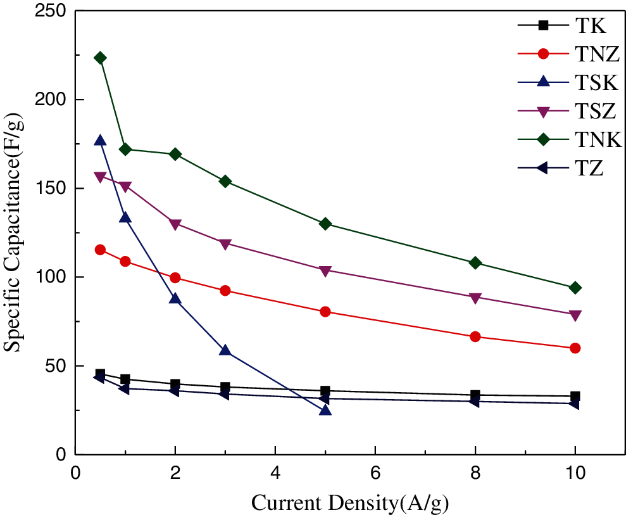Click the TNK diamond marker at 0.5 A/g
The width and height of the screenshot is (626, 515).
coord(100,58)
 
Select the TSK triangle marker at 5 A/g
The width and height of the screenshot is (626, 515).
coord(325,410)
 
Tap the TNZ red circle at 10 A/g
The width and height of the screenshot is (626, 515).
coord(575,348)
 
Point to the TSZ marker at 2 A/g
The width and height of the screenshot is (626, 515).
coord(175,224)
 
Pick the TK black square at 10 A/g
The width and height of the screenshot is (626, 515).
coord(575,396)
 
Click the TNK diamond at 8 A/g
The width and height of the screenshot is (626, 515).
coord(475,263)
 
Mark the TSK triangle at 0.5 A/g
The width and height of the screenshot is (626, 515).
coord(100,141)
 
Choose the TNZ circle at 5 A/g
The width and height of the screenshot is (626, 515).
coord(325,312)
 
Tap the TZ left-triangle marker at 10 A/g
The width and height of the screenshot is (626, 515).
coord(575,403)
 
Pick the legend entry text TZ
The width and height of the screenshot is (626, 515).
coord(589,168)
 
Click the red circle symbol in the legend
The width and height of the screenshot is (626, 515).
coord(544,54)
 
